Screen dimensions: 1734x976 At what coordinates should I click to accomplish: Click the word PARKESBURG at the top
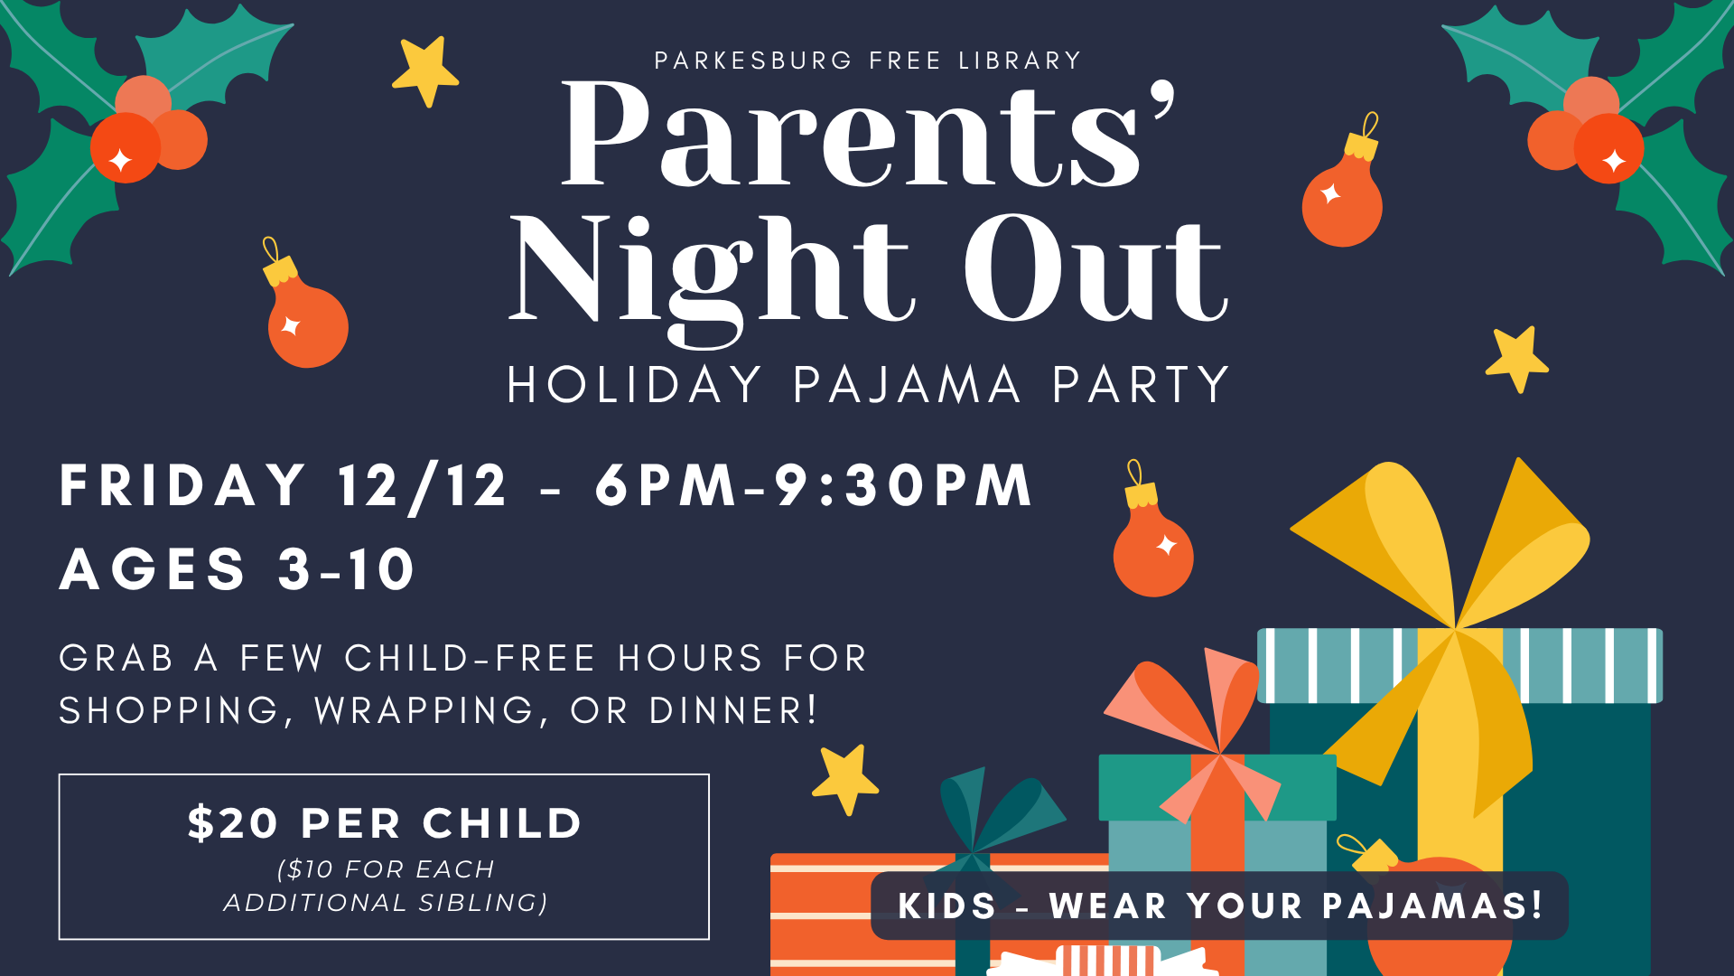(x=753, y=61)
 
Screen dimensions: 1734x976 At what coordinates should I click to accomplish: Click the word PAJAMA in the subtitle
(x=907, y=385)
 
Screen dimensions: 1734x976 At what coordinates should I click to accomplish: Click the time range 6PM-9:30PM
(x=814, y=485)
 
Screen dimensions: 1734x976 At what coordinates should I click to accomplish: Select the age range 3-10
(x=346, y=569)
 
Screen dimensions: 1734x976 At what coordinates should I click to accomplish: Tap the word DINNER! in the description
(x=733, y=710)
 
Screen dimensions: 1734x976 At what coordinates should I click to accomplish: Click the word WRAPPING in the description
(x=424, y=710)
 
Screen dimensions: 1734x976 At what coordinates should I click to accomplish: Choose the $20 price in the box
(x=233, y=823)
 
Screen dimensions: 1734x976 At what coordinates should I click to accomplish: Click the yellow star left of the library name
(x=425, y=70)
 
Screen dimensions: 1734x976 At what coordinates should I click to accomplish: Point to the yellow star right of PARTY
(x=1517, y=359)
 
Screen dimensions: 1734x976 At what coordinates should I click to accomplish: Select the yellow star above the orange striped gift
(x=845, y=779)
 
